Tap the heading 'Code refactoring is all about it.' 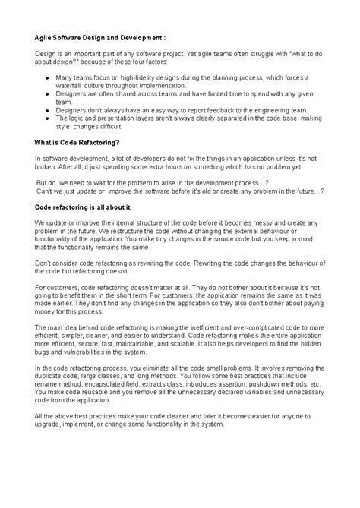click(x=84, y=207)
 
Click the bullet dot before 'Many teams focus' click(x=48, y=77)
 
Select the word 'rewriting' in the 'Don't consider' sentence click(x=157, y=263)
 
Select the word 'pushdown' click(x=285, y=383)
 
